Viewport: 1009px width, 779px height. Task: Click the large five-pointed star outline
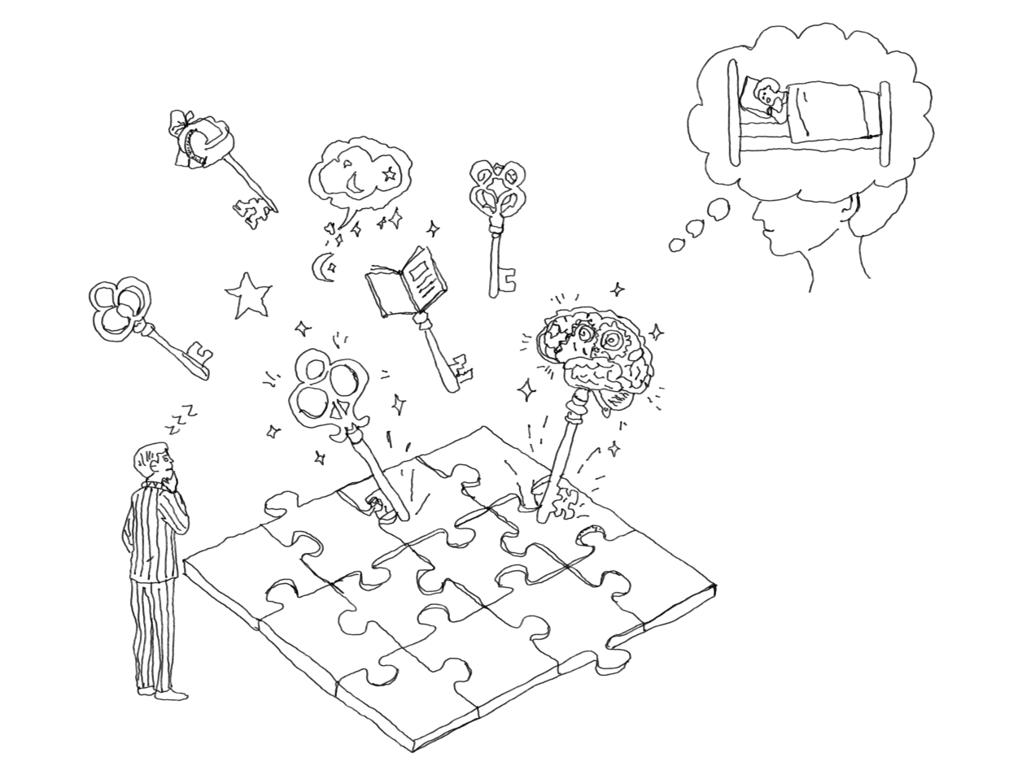pos(247,295)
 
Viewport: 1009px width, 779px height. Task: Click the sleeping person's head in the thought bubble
pos(767,97)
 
